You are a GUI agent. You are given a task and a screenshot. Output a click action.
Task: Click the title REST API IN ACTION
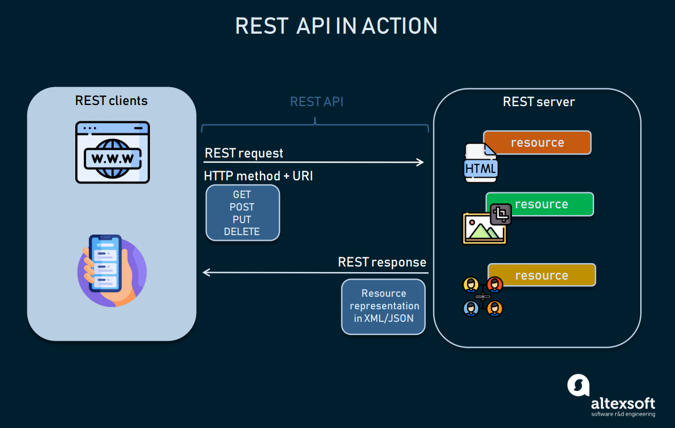336,26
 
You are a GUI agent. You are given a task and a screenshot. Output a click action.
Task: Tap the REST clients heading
111,101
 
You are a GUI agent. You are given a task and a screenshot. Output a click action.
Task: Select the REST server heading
538,102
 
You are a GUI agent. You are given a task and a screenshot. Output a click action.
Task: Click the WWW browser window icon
112,152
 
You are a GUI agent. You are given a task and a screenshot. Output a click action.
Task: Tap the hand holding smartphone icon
112,271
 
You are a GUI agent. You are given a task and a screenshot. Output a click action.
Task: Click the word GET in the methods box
242,195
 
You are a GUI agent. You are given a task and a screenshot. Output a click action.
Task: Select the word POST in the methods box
242,207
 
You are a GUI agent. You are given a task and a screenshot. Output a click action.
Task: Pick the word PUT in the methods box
242,220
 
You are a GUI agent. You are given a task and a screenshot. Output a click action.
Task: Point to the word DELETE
242,232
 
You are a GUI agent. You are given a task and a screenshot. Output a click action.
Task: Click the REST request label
244,153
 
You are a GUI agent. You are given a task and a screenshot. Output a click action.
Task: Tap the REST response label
382,262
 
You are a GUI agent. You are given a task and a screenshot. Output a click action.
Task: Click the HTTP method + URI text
258,176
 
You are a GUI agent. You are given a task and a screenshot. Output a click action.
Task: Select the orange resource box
537,143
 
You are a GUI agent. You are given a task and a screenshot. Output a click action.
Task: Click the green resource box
540,204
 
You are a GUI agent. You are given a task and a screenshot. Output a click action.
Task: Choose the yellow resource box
542,275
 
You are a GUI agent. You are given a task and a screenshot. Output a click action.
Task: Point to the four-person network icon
482,297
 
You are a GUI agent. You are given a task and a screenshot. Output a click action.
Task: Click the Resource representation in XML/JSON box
383,306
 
